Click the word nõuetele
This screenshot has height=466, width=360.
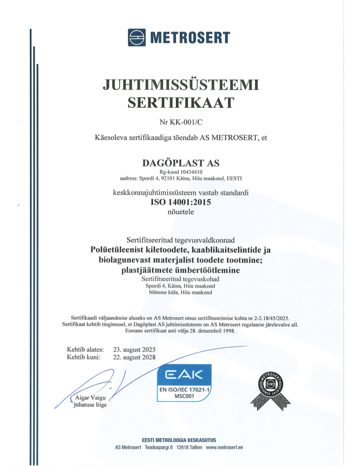coord(180,214)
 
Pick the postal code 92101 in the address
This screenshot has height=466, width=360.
coord(170,178)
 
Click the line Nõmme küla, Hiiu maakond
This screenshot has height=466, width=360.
coord(180,292)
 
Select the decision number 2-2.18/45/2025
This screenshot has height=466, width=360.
coord(267,318)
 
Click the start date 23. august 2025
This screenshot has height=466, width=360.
coord(134,349)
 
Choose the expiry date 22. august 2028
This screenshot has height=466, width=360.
coord(134,357)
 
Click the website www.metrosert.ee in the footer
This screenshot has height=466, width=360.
coord(225,447)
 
